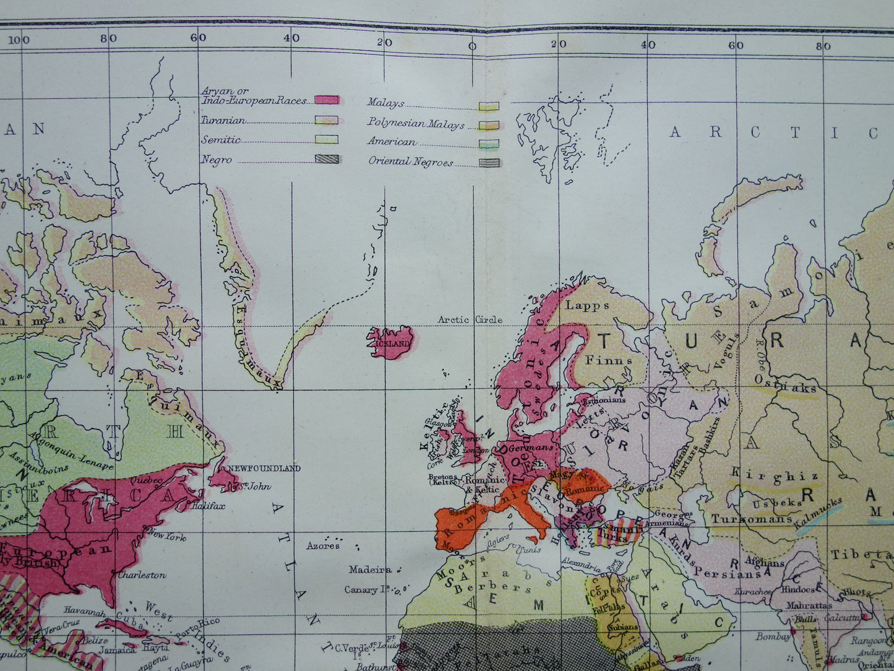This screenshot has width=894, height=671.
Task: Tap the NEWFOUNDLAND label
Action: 264,468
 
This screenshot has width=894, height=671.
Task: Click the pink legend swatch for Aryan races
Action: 326,100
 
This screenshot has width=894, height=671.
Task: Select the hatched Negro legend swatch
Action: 326,159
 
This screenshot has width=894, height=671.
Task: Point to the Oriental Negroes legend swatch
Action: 489,163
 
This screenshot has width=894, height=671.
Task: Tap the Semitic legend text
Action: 220,140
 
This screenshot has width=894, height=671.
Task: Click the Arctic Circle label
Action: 470,319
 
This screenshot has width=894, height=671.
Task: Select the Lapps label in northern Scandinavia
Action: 587,305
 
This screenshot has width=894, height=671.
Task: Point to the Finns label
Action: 609,360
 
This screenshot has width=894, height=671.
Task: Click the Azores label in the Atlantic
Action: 322,545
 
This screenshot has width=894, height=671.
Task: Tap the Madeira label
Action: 370,569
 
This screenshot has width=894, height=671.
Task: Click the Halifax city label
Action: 208,506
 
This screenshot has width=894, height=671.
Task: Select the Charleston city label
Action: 142,575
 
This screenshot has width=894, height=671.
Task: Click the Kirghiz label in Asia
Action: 775,475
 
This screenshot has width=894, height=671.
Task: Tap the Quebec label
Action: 146,479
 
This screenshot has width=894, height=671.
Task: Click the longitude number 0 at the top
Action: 471,45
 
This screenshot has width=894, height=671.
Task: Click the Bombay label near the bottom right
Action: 773,636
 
